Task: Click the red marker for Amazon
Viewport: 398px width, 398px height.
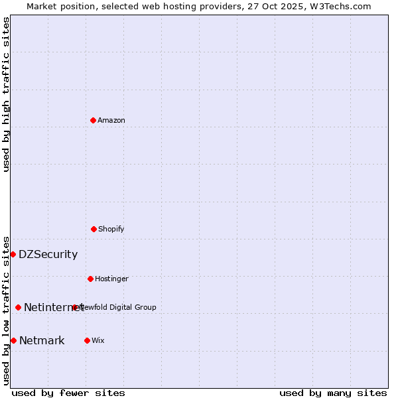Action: (93, 120)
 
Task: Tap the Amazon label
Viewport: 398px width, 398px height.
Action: (111, 120)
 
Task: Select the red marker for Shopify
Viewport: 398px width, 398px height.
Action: (94, 229)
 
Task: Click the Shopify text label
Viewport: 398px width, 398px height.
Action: (111, 229)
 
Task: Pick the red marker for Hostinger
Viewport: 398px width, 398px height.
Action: (90, 279)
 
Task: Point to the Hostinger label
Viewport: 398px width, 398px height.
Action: (111, 279)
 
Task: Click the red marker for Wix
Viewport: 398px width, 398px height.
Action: (87, 340)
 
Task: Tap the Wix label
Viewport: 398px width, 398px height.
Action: (98, 340)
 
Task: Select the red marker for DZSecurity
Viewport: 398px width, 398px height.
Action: (13, 254)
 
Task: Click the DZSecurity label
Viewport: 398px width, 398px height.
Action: (48, 254)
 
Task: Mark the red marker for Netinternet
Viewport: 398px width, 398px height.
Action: (18, 307)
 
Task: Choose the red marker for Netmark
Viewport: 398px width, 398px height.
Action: (13, 340)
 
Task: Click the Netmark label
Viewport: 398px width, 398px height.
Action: (42, 341)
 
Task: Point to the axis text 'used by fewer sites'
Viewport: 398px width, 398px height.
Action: (68, 393)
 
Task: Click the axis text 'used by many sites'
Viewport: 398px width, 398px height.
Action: (333, 393)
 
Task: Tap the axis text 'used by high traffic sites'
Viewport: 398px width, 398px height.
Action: (6, 94)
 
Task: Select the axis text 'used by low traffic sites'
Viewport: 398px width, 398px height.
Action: (6, 310)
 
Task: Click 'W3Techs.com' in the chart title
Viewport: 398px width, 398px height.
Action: (342, 6)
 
